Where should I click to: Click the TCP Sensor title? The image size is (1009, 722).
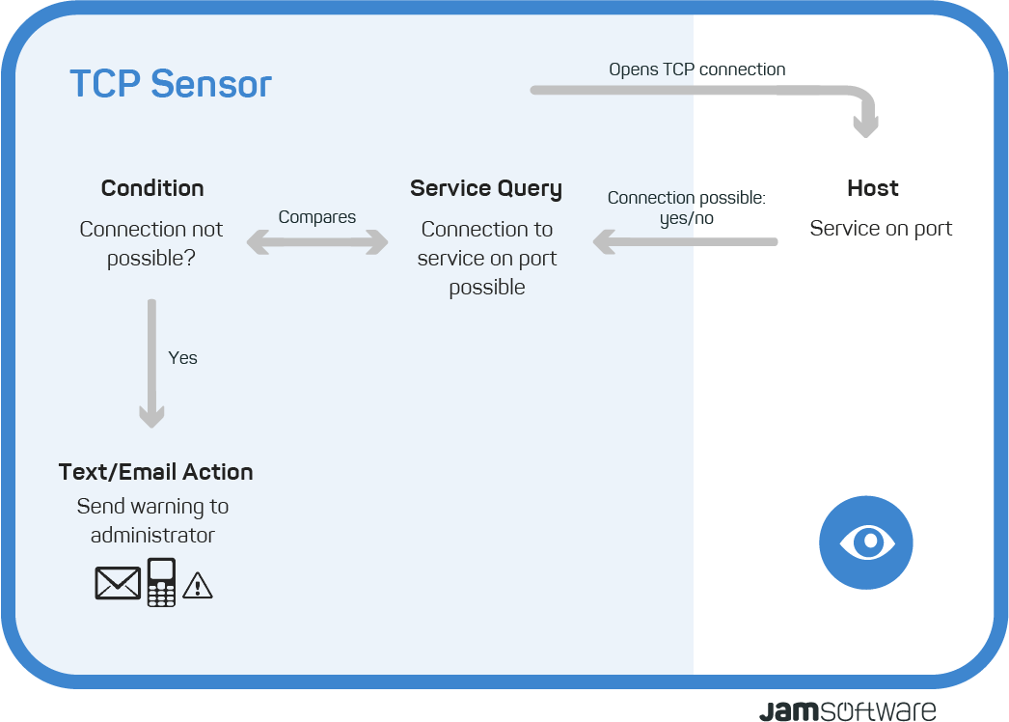(x=171, y=84)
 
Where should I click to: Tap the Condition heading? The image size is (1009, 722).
(x=152, y=188)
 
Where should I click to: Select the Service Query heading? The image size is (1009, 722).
(x=486, y=189)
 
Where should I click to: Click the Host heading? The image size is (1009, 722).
(x=873, y=188)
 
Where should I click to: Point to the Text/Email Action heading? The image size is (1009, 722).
(x=155, y=472)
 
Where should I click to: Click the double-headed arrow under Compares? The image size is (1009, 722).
(x=317, y=242)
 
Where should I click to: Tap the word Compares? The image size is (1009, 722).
(x=317, y=218)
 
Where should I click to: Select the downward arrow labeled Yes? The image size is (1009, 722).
(x=151, y=363)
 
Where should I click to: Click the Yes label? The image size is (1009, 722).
(x=182, y=358)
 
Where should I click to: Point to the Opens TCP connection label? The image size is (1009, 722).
(x=696, y=69)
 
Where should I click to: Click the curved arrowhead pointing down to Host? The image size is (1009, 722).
(x=865, y=125)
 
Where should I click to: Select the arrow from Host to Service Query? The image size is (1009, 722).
(x=685, y=242)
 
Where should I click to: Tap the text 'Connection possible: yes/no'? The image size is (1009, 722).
(x=687, y=208)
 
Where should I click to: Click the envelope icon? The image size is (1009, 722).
(x=118, y=583)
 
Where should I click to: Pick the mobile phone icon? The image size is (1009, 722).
(x=161, y=582)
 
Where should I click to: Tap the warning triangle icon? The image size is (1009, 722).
(x=198, y=586)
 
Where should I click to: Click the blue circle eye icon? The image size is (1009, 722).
(x=866, y=542)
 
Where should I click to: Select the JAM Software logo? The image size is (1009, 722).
(x=848, y=710)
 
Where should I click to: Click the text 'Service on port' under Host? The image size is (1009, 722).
(x=881, y=229)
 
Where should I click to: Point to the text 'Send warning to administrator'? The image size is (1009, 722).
(x=152, y=520)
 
